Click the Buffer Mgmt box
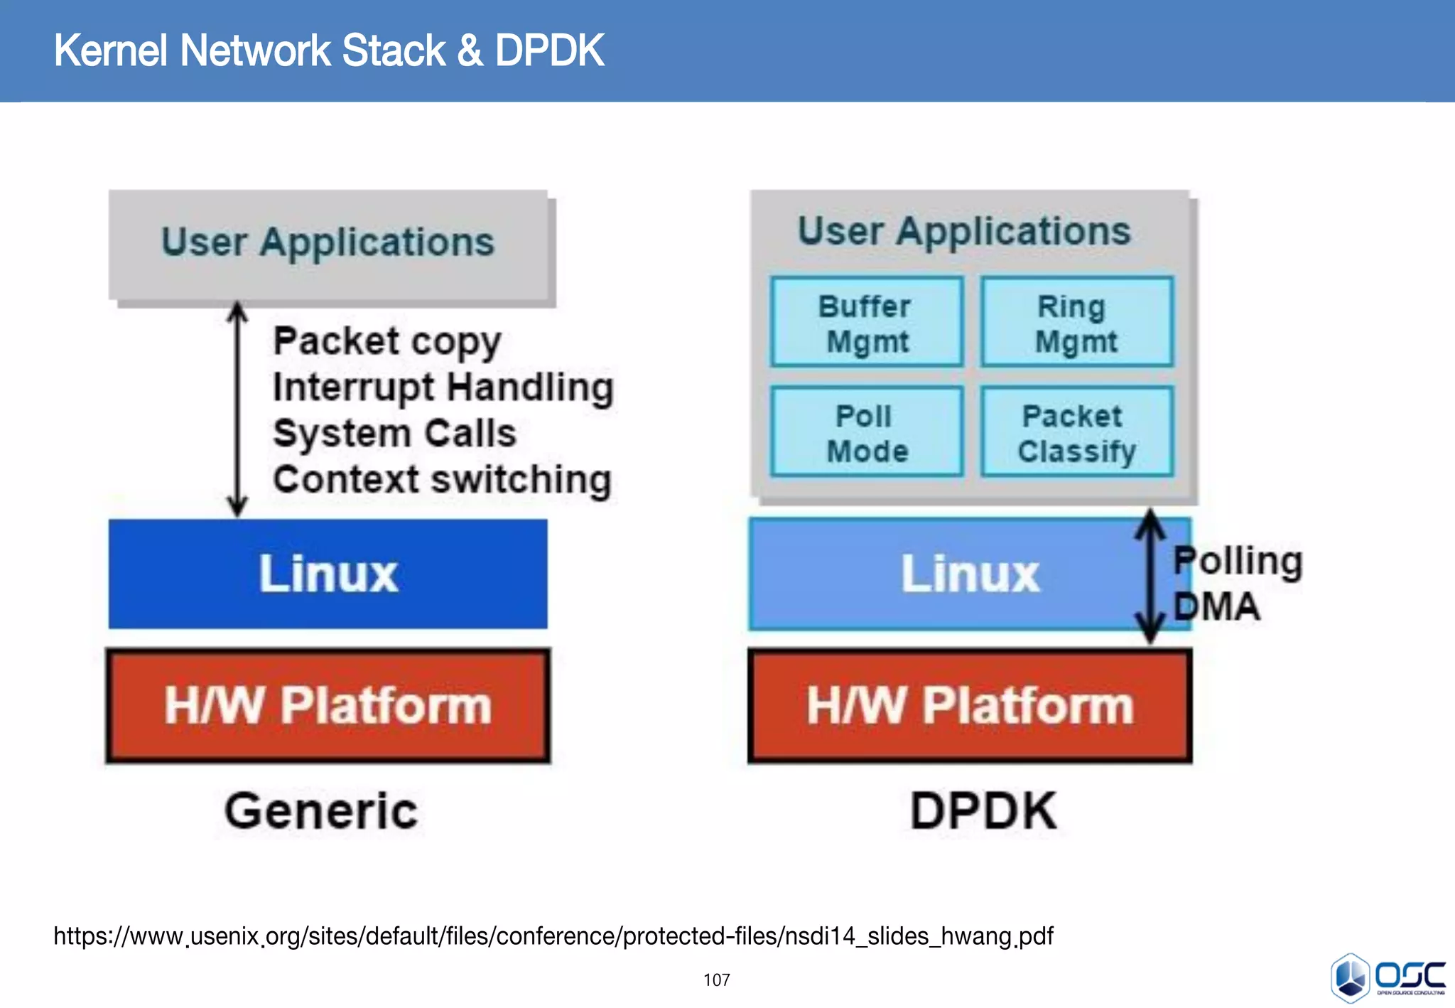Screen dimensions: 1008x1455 (866, 323)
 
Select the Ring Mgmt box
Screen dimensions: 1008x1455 (1076, 323)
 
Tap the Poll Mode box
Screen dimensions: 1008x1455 (866, 432)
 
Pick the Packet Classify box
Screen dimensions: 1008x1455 (1076, 432)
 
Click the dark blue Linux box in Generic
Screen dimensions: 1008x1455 (328, 574)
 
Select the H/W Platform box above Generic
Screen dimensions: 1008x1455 (328, 705)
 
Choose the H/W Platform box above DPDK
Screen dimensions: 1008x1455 (970, 705)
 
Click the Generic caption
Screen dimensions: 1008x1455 (321, 811)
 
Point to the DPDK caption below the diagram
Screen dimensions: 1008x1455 (984, 811)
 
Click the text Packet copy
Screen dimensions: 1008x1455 (387, 342)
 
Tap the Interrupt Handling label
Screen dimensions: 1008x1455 (443, 388)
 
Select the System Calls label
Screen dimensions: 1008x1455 (394, 434)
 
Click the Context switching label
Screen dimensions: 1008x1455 (442, 480)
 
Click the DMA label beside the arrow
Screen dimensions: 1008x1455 (1216, 607)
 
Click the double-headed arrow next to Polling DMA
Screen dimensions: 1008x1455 (1150, 576)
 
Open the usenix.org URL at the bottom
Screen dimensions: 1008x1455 (553, 936)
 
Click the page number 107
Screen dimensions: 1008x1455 (716, 980)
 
